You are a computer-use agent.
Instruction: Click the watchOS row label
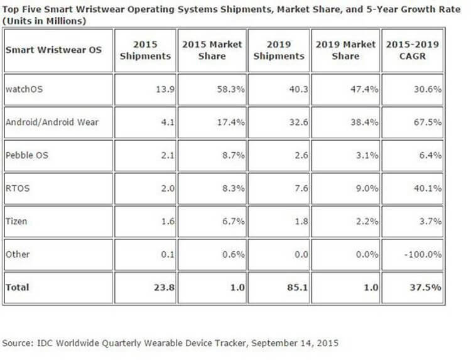point(24,89)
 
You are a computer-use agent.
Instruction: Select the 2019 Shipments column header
point(279,50)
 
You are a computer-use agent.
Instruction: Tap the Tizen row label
point(16,221)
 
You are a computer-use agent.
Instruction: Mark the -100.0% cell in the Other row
point(423,254)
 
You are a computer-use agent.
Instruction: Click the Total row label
point(18,287)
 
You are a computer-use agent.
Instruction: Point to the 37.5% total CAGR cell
point(427,287)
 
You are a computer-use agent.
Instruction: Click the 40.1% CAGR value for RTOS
point(428,188)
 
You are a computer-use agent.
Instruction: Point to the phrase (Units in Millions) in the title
point(44,21)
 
